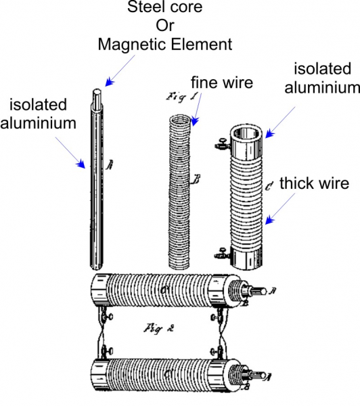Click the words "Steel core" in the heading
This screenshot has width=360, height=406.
coord(164,7)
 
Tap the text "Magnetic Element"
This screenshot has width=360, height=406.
coord(165,44)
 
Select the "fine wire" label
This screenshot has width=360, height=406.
coord(222,83)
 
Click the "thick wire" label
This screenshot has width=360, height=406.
coord(315,183)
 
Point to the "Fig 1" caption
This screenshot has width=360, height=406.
coord(182,97)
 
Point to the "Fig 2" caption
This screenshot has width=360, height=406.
coord(159,329)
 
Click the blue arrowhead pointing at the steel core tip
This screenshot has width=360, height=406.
coord(110,82)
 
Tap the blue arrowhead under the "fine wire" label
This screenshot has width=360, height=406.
coord(195,121)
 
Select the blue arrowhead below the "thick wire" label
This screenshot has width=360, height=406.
coord(269,220)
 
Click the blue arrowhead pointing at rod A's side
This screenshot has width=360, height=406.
coord(81,164)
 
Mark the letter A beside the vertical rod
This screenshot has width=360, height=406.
coord(110,164)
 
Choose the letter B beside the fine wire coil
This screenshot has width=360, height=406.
coord(196,179)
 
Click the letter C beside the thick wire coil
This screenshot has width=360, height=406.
coord(269,185)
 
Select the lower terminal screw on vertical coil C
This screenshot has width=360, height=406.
coord(222,254)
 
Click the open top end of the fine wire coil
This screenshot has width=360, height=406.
coord(180,120)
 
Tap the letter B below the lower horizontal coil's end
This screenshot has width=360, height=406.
coord(246,387)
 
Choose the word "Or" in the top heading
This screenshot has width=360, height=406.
coord(164,26)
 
